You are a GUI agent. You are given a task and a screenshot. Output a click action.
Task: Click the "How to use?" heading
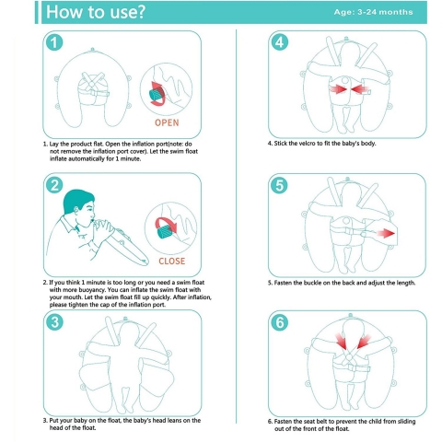[95, 12]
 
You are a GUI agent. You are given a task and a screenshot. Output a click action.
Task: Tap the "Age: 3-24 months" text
[373, 12]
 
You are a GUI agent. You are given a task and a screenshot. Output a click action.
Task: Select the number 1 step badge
[54, 42]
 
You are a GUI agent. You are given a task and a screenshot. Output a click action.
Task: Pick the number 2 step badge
[54, 185]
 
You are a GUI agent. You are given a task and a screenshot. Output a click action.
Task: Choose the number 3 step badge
[54, 322]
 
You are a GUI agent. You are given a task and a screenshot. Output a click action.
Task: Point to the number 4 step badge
[280, 42]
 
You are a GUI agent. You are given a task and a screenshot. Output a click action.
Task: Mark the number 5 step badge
[279, 185]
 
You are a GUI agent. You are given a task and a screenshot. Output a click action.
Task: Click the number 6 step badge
[280, 322]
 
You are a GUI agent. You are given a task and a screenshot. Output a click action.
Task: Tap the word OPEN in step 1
[167, 122]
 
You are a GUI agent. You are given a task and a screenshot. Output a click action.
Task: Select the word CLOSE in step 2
[171, 261]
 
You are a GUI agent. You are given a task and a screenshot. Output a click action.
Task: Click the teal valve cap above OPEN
[157, 95]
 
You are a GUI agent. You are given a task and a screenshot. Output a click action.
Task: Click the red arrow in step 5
[386, 234]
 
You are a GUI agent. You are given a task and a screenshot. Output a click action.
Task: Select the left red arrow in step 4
[338, 89]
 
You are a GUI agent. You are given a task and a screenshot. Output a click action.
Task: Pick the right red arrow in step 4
[360, 89]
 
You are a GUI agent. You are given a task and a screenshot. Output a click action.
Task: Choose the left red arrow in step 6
[342, 342]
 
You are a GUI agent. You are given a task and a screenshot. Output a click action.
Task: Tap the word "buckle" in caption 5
[312, 283]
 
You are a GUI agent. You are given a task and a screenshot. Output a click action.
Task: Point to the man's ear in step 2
[76, 211]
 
